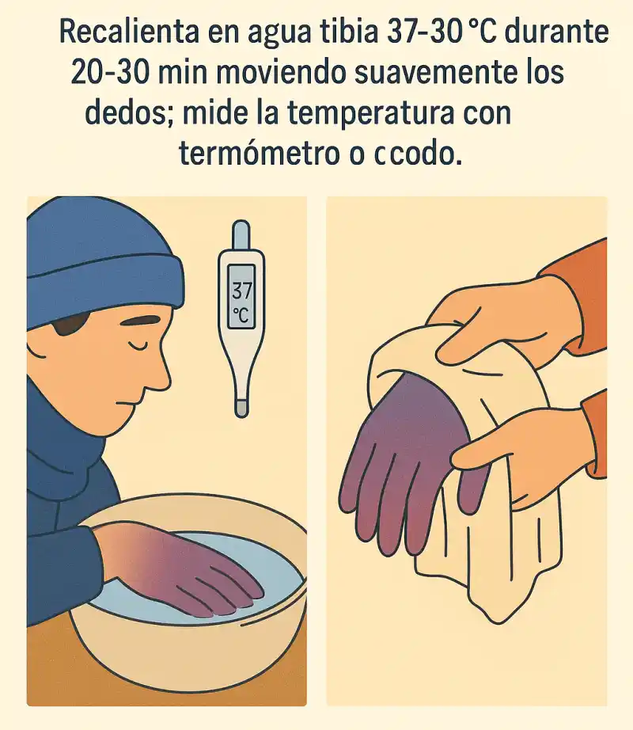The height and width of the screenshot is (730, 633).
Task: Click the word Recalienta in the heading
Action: point(129,32)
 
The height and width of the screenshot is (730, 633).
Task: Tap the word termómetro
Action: point(260,153)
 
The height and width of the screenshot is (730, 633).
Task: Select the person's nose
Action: point(161,376)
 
